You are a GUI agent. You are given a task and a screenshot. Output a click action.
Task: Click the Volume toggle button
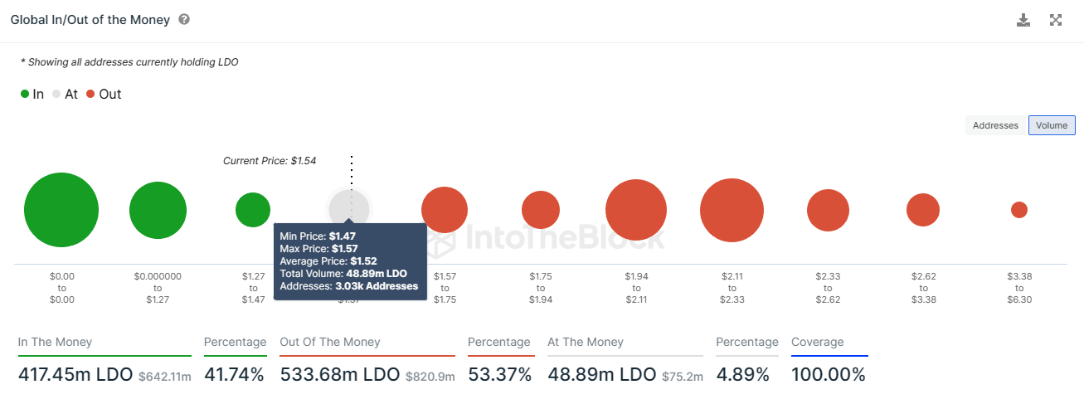pyautogui.click(x=1052, y=125)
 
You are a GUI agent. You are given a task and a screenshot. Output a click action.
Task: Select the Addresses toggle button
pyautogui.click(x=995, y=125)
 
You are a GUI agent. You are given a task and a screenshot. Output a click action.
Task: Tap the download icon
pyautogui.click(x=1023, y=20)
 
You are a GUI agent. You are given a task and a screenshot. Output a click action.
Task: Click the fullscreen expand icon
pyautogui.click(x=1056, y=20)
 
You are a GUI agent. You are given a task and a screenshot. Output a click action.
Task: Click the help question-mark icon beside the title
pyautogui.click(x=184, y=19)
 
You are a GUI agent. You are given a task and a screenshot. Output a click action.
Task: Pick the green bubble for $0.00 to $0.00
pyautogui.click(x=61, y=210)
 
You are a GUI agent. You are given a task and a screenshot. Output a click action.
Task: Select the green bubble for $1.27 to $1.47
pyautogui.click(x=253, y=210)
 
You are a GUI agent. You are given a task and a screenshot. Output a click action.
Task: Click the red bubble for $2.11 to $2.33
pyautogui.click(x=732, y=210)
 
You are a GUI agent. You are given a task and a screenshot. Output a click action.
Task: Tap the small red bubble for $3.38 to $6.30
pyautogui.click(x=1019, y=210)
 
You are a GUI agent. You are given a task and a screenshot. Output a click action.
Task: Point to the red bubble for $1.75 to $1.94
pyautogui.click(x=541, y=210)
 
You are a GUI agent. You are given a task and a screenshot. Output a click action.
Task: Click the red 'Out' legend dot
pyautogui.click(x=91, y=95)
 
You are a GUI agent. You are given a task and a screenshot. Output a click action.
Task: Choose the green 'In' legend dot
pyautogui.click(x=25, y=95)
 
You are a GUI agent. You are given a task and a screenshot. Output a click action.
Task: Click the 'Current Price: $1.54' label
pyautogui.click(x=270, y=161)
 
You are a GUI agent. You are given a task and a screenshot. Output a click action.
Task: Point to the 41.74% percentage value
pyautogui.click(x=234, y=375)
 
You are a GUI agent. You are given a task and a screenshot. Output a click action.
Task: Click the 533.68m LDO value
pyautogui.click(x=340, y=375)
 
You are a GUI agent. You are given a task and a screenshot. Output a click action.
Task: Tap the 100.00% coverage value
pyautogui.click(x=828, y=375)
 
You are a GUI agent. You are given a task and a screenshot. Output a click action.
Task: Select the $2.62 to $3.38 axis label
pyautogui.click(x=923, y=288)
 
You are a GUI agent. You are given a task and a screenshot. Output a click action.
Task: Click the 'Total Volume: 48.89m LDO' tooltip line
pyautogui.click(x=343, y=274)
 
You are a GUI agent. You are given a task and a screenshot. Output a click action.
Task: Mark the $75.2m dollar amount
pyautogui.click(x=683, y=377)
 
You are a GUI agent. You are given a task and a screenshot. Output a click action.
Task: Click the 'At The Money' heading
pyautogui.click(x=586, y=342)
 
